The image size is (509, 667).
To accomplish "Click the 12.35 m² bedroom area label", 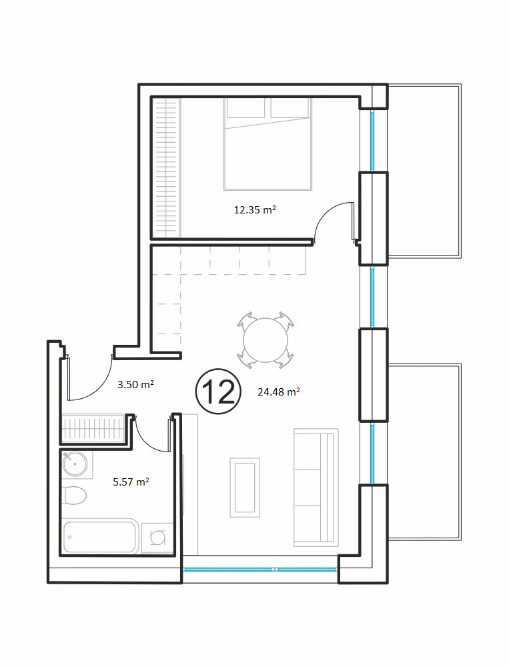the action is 255,209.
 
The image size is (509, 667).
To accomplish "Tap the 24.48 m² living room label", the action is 279,392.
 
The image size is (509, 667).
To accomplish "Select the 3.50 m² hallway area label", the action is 135,385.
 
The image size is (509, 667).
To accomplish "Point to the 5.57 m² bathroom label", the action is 131,482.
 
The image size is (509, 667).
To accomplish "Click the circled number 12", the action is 218,392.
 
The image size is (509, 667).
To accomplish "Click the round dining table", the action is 266,340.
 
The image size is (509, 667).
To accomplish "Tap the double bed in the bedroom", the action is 268,144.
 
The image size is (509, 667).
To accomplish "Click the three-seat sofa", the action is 316,488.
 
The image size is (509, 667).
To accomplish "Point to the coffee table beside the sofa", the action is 245,488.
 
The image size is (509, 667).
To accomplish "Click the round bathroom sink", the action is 75,464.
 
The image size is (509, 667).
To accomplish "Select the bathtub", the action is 100,536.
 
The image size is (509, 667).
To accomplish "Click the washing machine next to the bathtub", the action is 157,538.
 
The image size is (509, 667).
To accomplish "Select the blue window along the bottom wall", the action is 260,569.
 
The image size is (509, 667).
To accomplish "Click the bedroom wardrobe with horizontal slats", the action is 165,167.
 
